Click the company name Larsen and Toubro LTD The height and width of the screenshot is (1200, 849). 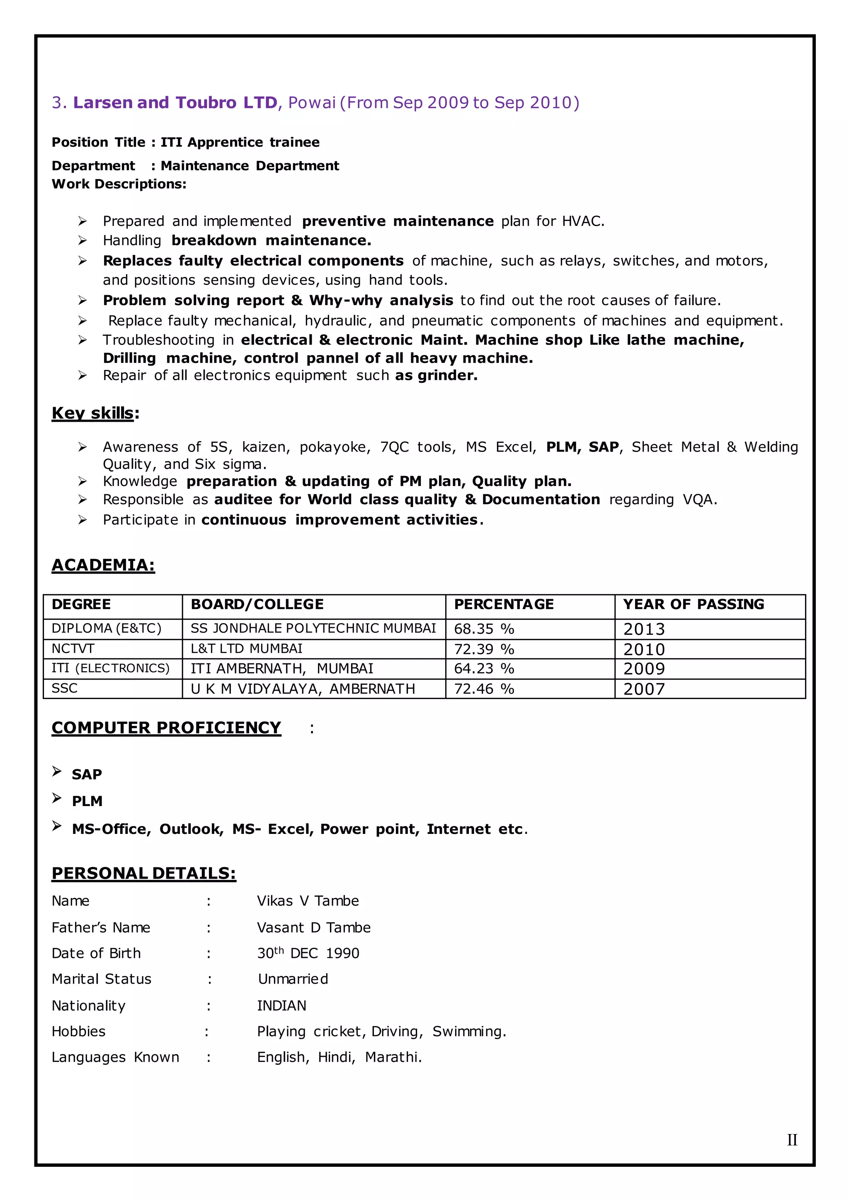pyautogui.click(x=175, y=102)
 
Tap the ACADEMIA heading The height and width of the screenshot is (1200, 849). pyautogui.click(x=103, y=565)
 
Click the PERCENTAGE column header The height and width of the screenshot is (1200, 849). pyautogui.click(x=503, y=605)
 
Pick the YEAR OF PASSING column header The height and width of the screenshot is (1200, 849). pyautogui.click(x=693, y=605)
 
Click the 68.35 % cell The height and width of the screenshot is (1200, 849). pyautogui.click(x=484, y=629)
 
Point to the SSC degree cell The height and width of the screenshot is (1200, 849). pyautogui.click(x=64, y=689)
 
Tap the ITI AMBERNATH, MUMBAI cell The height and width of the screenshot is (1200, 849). pyautogui.click(x=281, y=669)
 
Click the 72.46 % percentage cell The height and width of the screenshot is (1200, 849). pyautogui.click(x=484, y=689)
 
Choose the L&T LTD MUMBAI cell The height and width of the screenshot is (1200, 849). pyautogui.click(x=246, y=649)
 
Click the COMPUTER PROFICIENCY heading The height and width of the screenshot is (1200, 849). pyautogui.click(x=166, y=728)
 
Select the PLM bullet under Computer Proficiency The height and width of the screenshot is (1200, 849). pyautogui.click(x=87, y=801)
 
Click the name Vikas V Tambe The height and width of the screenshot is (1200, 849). pyautogui.click(x=308, y=901)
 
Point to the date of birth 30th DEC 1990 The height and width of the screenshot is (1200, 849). pyautogui.click(x=308, y=953)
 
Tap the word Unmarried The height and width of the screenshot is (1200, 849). pyautogui.click(x=293, y=979)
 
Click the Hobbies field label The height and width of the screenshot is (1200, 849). pyautogui.click(x=78, y=1031)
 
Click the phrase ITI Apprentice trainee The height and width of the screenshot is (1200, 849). pyautogui.click(x=240, y=142)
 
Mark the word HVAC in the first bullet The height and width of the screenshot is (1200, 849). pyautogui.click(x=582, y=221)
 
